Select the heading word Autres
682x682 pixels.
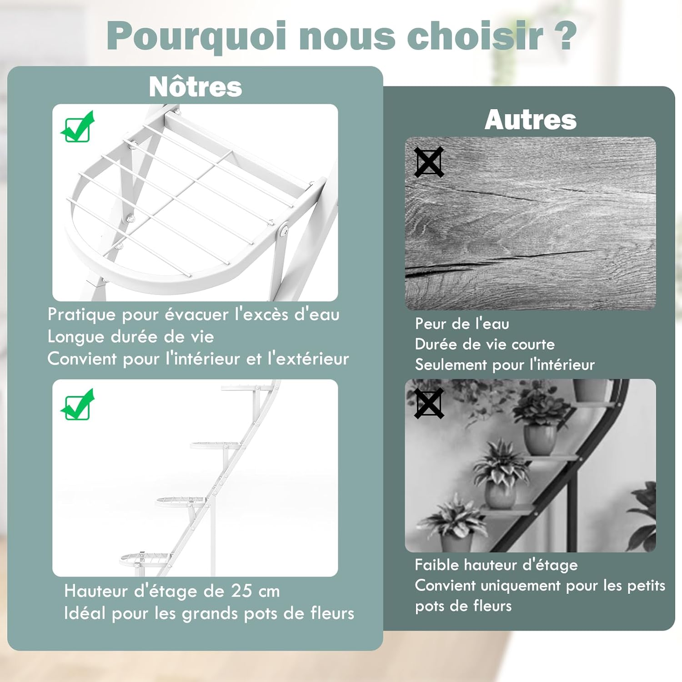pyautogui.click(x=531, y=120)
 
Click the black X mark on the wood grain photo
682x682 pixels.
pyautogui.click(x=429, y=162)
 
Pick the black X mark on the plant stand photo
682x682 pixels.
pyautogui.click(x=429, y=403)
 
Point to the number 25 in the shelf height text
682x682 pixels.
pyautogui.click(x=241, y=591)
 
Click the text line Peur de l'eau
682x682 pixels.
pyautogui.click(x=462, y=324)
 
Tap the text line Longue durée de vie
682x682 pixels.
pyautogui.click(x=130, y=337)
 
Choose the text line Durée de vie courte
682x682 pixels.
pyautogui.click(x=485, y=344)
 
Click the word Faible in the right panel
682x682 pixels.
pyautogui.click(x=437, y=565)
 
